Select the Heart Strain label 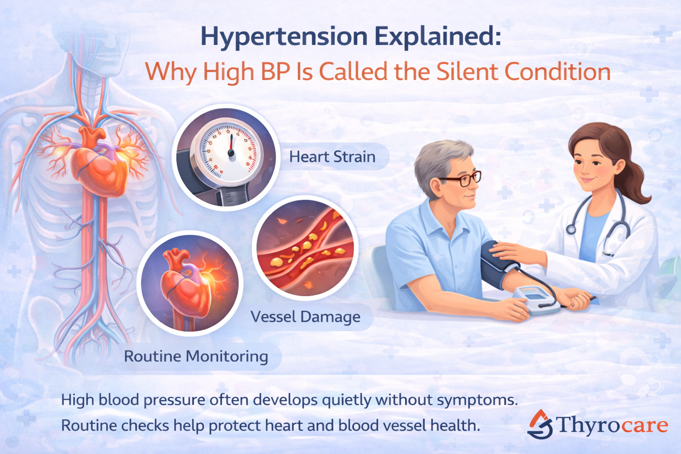[332, 157]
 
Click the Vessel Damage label [305, 317]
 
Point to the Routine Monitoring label [196, 356]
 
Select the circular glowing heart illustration [190, 283]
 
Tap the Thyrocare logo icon [540, 425]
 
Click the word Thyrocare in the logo [612, 425]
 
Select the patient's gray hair [437, 160]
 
